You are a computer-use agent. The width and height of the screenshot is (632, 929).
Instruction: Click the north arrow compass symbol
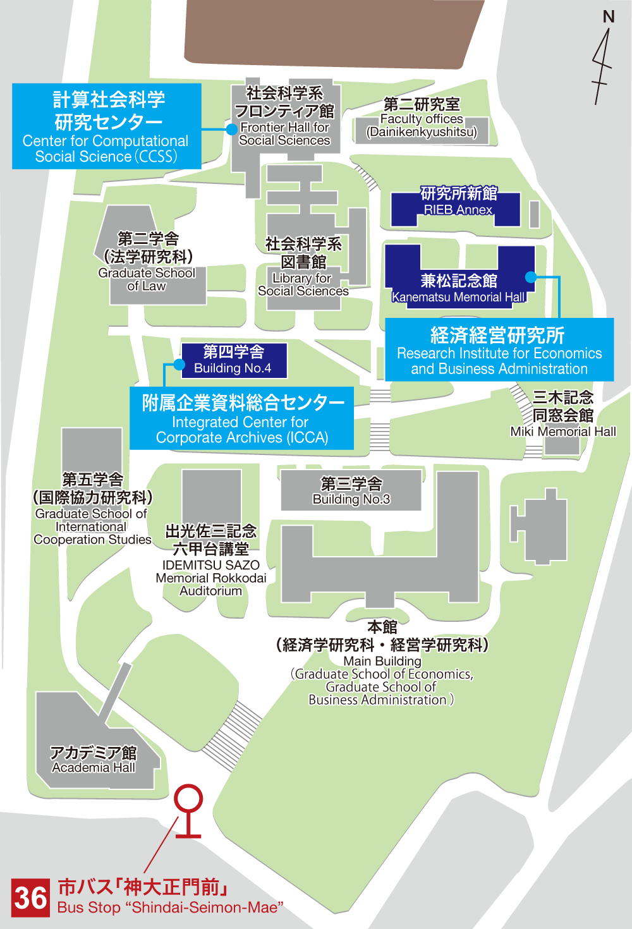pos(603,57)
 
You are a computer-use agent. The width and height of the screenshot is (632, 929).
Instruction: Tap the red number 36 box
pos(30,897)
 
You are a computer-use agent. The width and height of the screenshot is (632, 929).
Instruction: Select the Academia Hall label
pos(94,760)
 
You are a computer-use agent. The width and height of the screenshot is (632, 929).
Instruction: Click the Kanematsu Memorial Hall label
pos(459,289)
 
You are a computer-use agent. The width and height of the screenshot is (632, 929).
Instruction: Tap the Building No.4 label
pos(233,360)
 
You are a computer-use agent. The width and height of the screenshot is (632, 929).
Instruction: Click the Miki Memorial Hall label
pos(563,415)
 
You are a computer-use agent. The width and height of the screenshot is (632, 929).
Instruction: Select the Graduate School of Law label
pos(148,262)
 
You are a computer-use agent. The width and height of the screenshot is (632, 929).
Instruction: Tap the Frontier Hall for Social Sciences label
pos(284,117)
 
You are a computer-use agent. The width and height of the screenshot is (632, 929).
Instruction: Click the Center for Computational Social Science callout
pos(106,126)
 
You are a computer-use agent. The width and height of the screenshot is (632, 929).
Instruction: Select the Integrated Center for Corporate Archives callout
pos(242,418)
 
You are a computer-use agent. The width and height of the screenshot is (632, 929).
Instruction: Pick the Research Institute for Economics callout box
pos(499,350)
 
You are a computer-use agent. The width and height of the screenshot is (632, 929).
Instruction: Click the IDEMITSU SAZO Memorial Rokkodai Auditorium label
pos(211,560)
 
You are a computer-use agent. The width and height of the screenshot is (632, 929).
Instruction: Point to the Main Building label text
pos(382,662)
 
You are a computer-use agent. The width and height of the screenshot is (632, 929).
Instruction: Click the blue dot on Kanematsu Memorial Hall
pos(531,277)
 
